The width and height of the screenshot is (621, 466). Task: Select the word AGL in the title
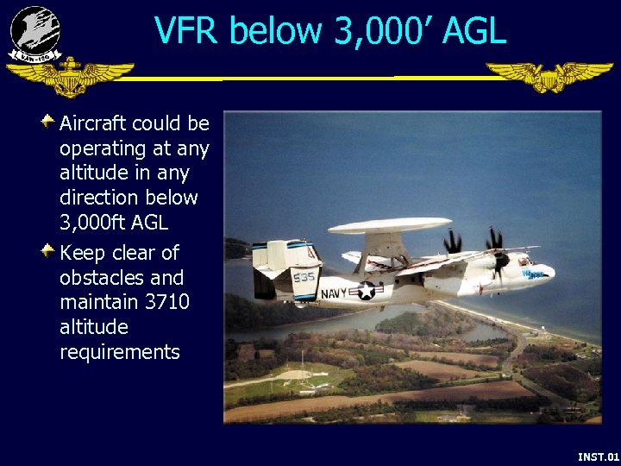coord(473,31)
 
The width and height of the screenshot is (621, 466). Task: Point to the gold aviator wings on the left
coord(70,78)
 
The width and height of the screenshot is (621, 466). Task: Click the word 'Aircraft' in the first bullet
coord(92,123)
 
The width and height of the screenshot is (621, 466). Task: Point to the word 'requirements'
coord(119,352)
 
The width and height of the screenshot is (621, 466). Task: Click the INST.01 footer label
coord(598,456)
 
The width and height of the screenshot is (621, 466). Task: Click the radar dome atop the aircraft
coord(390,226)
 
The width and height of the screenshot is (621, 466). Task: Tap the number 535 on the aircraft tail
coord(304,277)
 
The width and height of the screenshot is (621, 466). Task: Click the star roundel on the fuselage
coord(367,291)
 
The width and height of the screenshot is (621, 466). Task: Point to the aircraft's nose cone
coord(548,275)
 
